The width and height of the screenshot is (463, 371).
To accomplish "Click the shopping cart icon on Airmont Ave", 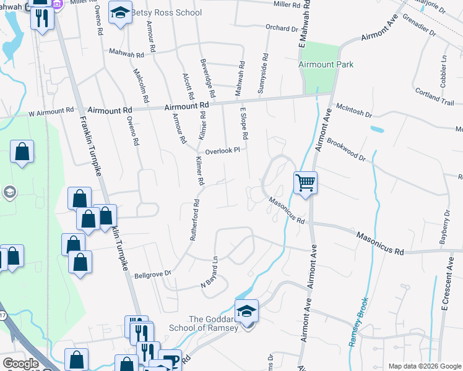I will (x=305, y=183).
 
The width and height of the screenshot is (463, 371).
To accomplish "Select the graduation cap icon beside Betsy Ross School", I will (x=120, y=12).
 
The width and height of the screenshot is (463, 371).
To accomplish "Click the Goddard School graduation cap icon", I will (x=246, y=312).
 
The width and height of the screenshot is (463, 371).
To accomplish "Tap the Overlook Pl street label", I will (x=222, y=149).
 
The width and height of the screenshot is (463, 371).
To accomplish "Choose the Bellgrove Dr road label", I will (x=152, y=273).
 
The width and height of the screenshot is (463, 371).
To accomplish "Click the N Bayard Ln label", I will (x=210, y=272).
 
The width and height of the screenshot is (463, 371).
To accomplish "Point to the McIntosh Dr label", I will (x=353, y=111).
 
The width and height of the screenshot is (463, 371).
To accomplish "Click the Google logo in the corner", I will (x=21, y=364).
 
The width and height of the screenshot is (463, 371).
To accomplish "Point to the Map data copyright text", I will (x=424, y=366).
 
